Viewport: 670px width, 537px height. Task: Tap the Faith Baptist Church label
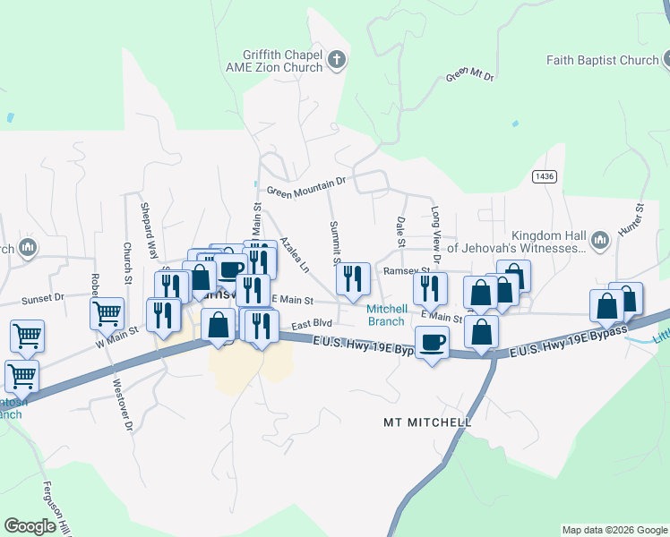[602, 61]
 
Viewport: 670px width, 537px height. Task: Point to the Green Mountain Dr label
[305, 186]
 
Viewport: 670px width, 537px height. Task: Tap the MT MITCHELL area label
[427, 422]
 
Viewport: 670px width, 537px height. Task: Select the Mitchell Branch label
[387, 315]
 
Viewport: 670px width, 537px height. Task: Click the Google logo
[30, 525]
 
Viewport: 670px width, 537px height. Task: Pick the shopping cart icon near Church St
[107, 312]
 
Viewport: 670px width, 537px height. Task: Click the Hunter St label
[640, 218]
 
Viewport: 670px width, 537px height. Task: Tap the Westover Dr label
[123, 406]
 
